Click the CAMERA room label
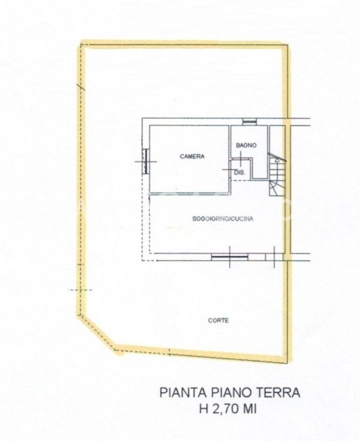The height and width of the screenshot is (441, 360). pyautogui.click(x=192, y=157)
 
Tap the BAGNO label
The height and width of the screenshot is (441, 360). pyautogui.click(x=246, y=146)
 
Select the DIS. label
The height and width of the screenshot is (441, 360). pyautogui.click(x=240, y=173)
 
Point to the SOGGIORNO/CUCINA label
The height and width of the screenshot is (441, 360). pyautogui.click(x=223, y=218)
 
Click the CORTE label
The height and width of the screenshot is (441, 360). pyautogui.click(x=218, y=320)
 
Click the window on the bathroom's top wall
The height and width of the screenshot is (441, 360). pyautogui.click(x=250, y=121)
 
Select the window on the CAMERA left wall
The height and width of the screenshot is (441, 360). pyautogui.click(x=146, y=161)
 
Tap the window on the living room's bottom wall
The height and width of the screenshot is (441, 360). pyautogui.click(x=230, y=256)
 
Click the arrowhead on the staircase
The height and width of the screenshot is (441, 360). pyautogui.click(x=276, y=160)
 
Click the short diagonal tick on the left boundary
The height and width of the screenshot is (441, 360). pyautogui.click(x=81, y=87)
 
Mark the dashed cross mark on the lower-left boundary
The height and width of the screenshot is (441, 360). pyautogui.click(x=80, y=290)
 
